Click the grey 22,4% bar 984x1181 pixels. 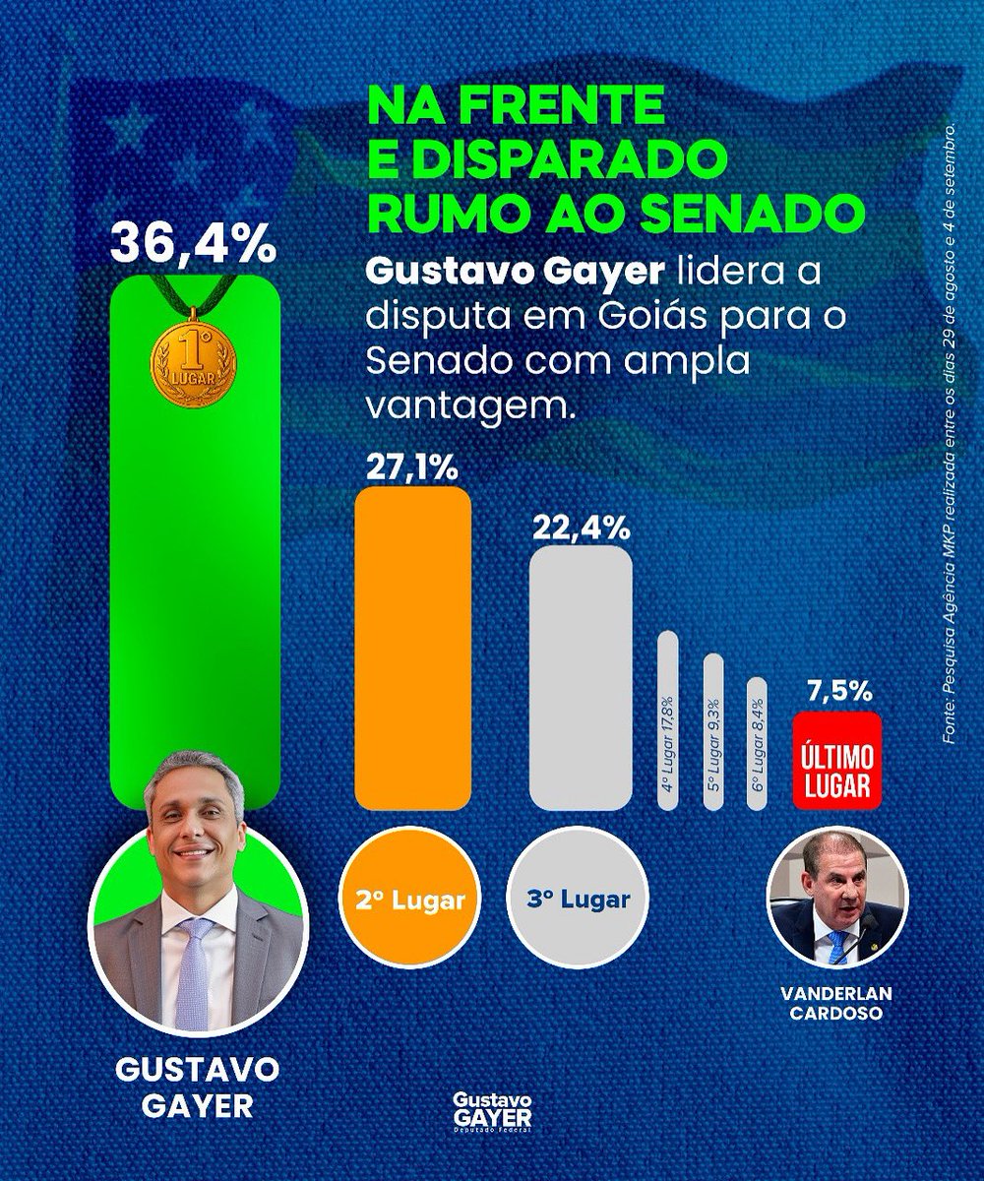[581, 679]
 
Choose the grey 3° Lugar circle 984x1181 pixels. [581, 899]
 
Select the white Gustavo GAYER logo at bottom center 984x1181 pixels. [489, 1113]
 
